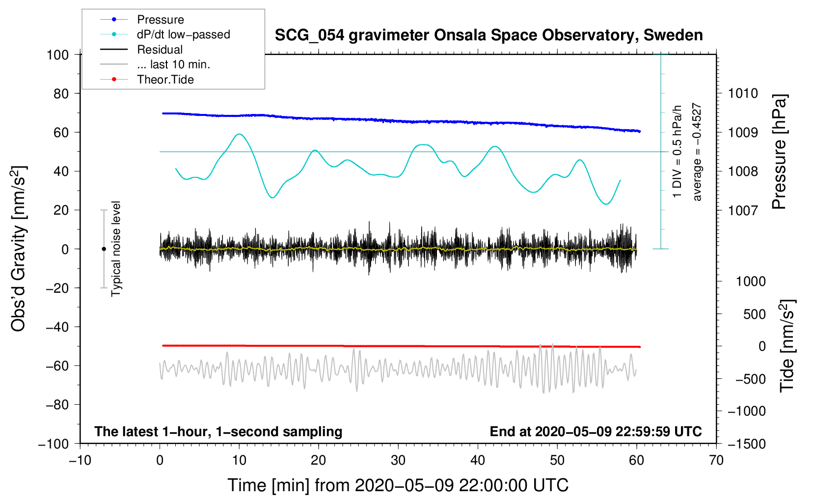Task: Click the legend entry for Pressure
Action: click(x=160, y=20)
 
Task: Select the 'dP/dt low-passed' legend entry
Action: click(x=183, y=34)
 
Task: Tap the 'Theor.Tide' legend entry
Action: click(x=165, y=80)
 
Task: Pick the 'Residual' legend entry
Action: click(x=160, y=50)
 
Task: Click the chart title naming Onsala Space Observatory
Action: click(x=489, y=35)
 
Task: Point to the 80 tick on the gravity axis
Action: click(x=61, y=93)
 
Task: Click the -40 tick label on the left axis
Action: click(x=57, y=327)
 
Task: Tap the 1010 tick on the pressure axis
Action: click(x=743, y=93)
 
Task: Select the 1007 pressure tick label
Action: click(x=743, y=210)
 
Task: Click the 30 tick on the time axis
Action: click(x=398, y=460)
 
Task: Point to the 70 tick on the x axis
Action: click(x=716, y=460)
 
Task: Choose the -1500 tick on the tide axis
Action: click(x=747, y=444)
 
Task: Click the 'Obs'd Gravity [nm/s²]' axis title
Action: click(x=19, y=249)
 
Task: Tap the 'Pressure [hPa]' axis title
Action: click(x=779, y=152)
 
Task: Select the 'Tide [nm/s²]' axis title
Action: click(x=787, y=345)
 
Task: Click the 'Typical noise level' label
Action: click(x=116, y=249)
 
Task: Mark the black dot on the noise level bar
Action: click(x=104, y=249)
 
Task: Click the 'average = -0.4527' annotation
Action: click(x=697, y=152)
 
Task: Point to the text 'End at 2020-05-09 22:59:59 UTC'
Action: click(x=596, y=431)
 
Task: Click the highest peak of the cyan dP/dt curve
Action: click(x=239, y=134)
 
